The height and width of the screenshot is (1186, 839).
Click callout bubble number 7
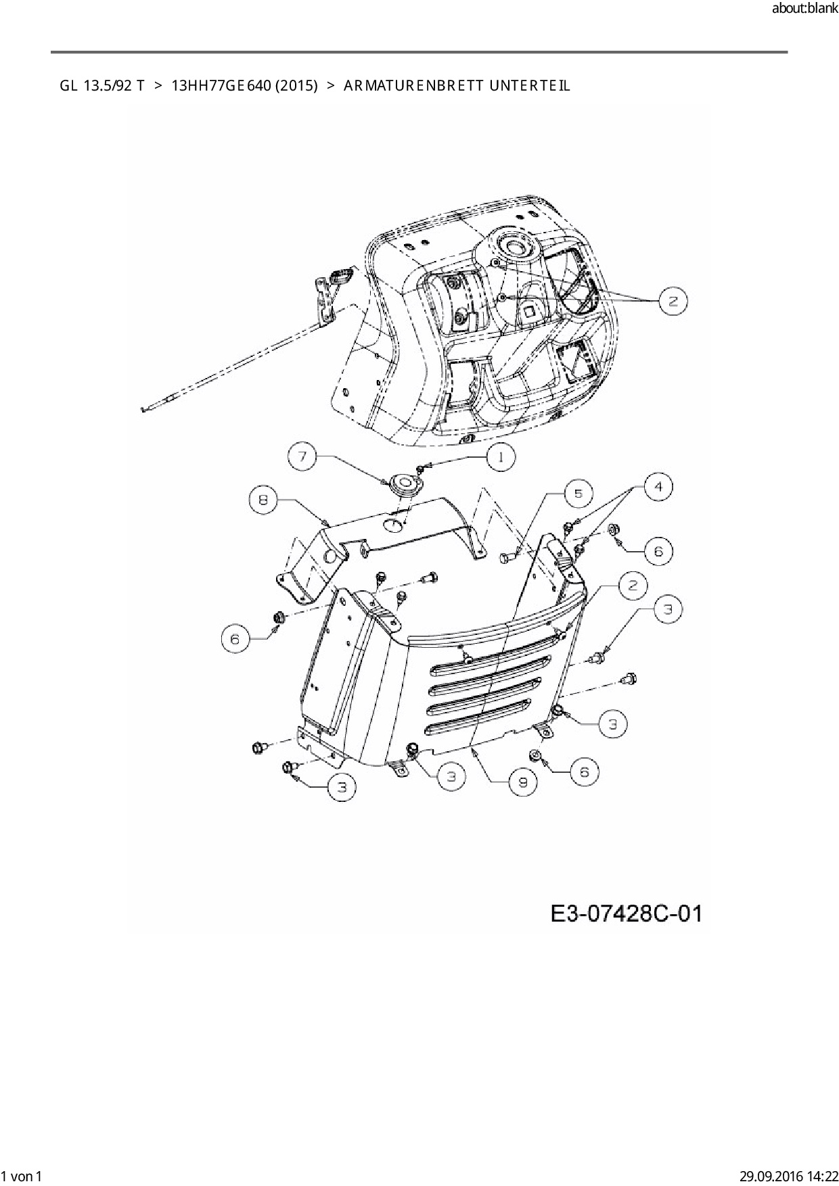302,458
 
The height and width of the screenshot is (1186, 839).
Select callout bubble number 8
263,500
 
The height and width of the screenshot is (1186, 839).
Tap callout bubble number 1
500,458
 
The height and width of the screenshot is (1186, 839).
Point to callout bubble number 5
578,494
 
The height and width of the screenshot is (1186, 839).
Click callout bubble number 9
523,782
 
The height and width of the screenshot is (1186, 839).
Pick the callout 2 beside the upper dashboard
673,301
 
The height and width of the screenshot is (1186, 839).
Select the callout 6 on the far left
235,639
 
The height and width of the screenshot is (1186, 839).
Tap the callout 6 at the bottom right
585,772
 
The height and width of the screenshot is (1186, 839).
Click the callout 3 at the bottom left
342,787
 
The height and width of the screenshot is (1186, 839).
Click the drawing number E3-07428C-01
626,914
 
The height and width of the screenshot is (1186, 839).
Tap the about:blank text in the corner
804,9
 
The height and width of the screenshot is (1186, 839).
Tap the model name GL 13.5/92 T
101,86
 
